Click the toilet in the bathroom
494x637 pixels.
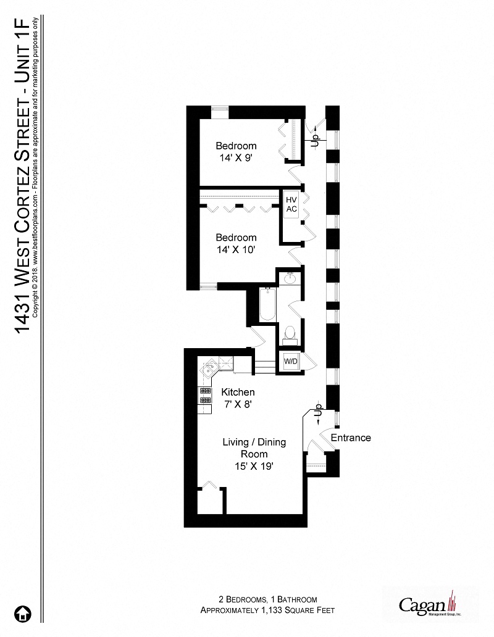coord(288,333)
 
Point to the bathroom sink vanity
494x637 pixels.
coord(288,279)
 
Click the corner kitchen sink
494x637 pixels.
coord(207,369)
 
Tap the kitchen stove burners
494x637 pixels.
coord(203,395)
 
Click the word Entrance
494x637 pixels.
coord(351,438)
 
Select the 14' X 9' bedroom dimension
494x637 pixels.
coord(236,157)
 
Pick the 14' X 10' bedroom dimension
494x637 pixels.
coord(236,249)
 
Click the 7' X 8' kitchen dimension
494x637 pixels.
coord(238,404)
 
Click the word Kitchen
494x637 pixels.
coord(238,392)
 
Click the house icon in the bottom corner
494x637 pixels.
coord(23,614)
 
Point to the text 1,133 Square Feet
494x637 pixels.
coord(294,610)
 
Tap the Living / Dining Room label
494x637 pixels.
coord(245,448)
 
